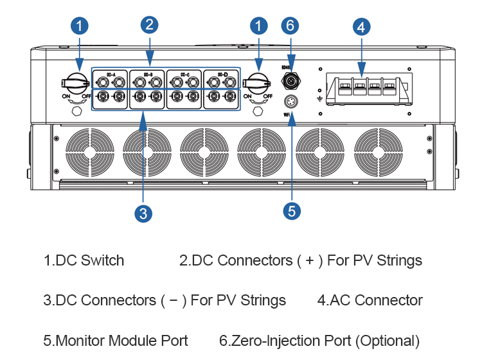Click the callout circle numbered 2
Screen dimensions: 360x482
point(149,26)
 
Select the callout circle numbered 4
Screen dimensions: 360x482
point(362,27)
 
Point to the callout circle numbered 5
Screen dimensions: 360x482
point(291,212)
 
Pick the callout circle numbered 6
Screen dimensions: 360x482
point(290,26)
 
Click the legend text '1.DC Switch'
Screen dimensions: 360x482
point(84,260)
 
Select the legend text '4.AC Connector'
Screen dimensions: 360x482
point(370,300)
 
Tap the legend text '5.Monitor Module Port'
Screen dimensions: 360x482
point(116,340)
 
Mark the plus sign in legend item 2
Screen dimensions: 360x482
point(310,261)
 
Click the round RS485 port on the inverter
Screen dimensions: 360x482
point(290,81)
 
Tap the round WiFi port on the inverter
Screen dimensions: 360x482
point(290,101)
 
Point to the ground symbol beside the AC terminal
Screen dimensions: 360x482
point(319,98)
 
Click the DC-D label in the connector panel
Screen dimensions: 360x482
point(221,75)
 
